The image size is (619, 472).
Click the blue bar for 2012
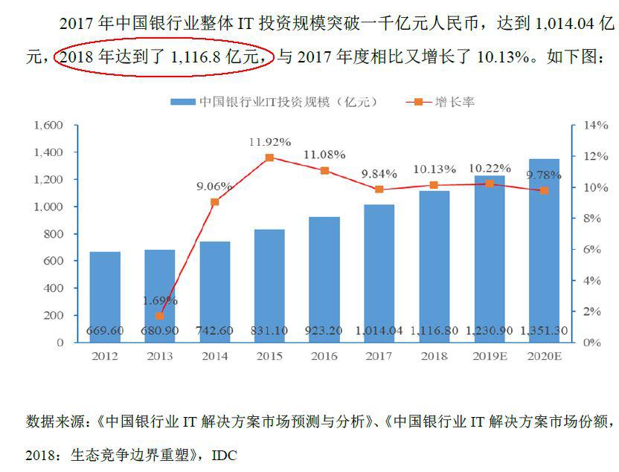click(105, 297)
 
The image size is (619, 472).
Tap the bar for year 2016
click(324, 279)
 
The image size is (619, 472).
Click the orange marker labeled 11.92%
click(269, 158)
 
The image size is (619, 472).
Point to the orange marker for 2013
click(160, 316)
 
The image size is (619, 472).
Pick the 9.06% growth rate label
click(214, 186)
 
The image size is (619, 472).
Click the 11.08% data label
click(324, 155)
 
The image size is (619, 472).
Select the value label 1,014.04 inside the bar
click(379, 330)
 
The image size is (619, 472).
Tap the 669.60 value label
click(105, 330)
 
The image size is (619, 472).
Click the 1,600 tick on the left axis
click(47, 126)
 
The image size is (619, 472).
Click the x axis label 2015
click(269, 356)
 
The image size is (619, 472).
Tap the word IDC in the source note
click(224, 453)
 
